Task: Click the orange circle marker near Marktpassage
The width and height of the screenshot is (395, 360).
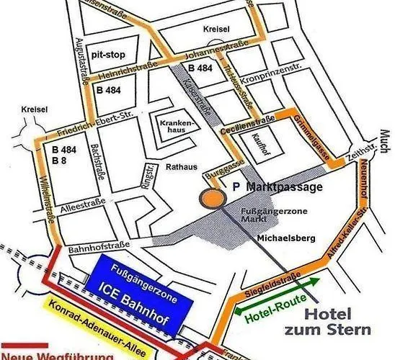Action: click(210, 198)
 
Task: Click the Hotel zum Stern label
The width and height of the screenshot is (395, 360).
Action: click(336, 322)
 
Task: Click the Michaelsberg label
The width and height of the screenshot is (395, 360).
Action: click(278, 236)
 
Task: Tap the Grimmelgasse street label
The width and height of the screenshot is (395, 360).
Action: click(310, 139)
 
